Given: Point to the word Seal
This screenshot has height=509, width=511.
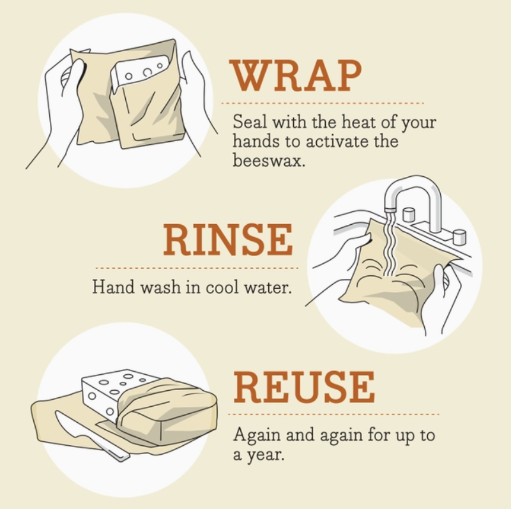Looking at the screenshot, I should click(248, 121).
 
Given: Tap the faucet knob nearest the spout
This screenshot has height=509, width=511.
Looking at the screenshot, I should click(409, 214).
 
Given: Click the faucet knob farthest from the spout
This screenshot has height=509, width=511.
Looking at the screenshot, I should click(459, 237).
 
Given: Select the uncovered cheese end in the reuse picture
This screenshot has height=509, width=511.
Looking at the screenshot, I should click(102, 393).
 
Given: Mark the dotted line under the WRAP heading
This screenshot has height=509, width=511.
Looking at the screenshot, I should click(322, 102).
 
